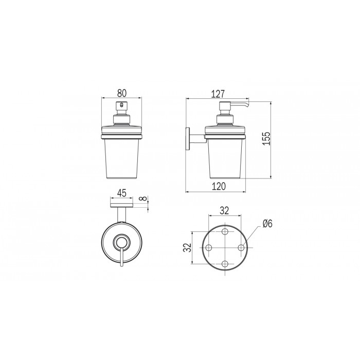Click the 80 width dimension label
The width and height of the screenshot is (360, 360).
tap(121, 93)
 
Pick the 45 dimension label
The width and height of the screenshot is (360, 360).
tap(122, 193)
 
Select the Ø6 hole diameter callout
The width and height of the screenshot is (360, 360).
tap(267, 223)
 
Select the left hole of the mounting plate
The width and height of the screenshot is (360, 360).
tap(209, 247)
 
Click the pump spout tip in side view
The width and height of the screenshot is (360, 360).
tap(247, 106)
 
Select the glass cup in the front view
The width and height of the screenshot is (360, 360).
tap(121, 159)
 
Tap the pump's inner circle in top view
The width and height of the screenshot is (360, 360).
tap(122, 241)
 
